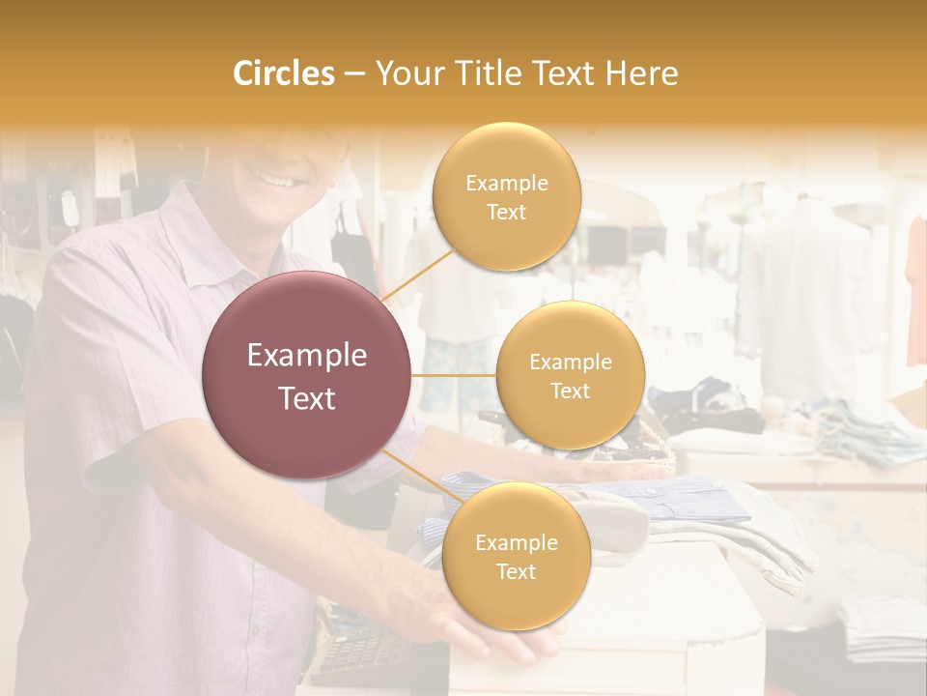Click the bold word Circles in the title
point(283,73)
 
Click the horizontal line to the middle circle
point(453,374)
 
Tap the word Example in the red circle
point(306,356)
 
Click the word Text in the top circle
point(506,212)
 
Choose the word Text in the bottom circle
point(516,571)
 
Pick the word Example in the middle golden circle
point(570,362)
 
